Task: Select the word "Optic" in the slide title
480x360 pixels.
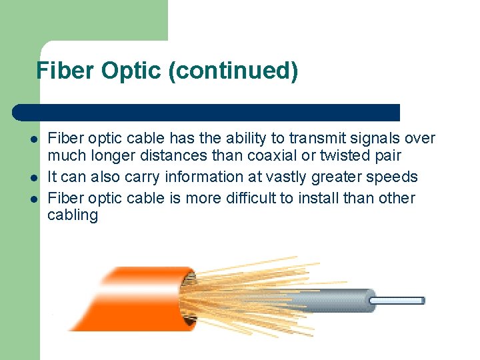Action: pos(132,70)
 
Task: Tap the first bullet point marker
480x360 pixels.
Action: pos(32,139)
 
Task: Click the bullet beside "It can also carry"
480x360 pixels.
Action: pos(32,178)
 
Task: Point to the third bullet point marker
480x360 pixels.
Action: pos(32,199)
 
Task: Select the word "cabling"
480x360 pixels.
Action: pos(73,216)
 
